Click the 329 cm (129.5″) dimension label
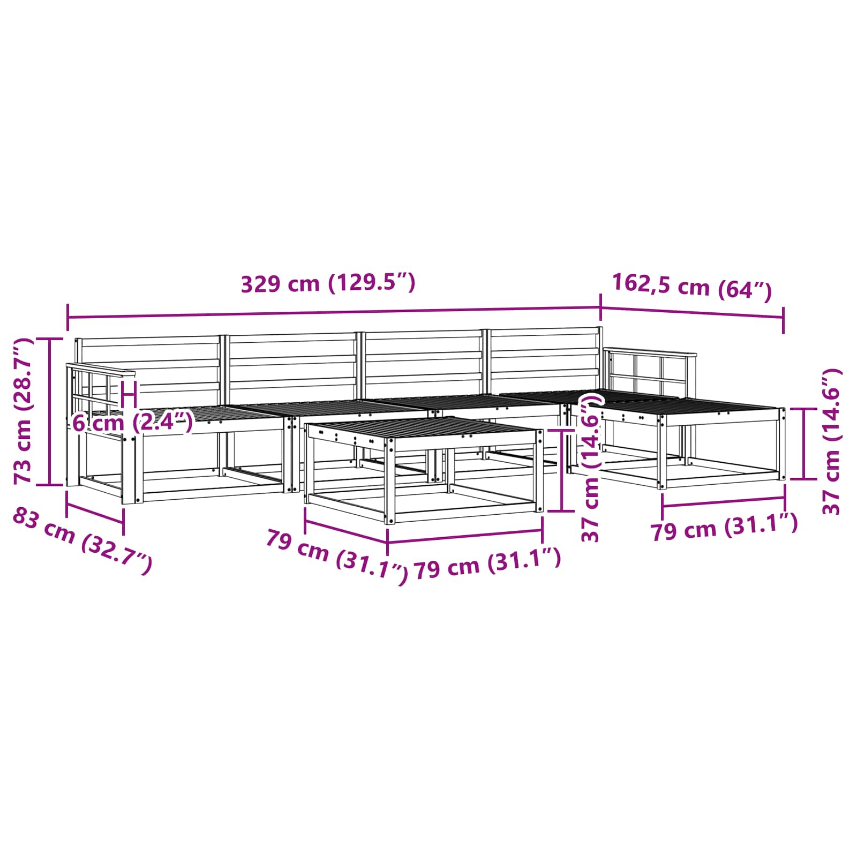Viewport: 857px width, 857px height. coord(328,283)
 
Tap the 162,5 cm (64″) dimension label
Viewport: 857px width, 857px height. coord(691,287)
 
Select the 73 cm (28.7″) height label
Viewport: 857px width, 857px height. coord(23,411)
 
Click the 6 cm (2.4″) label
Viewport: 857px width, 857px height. coord(132,422)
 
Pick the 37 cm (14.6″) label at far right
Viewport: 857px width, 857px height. coord(832,441)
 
